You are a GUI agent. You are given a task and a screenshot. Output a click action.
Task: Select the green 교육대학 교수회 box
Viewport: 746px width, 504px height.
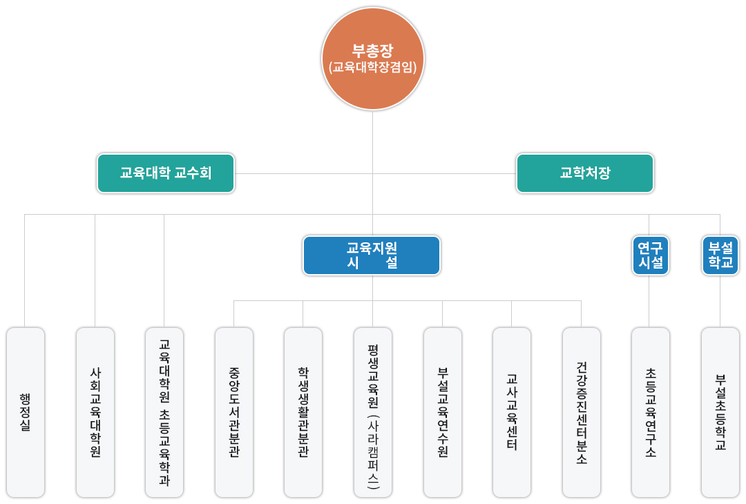[x=166, y=173]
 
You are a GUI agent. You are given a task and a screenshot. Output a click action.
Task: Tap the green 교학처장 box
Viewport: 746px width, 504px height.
[x=584, y=173]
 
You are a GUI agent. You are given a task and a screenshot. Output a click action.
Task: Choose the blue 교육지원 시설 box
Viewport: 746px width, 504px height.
[x=372, y=255]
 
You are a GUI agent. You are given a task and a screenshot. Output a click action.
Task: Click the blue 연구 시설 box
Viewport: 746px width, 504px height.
[x=650, y=255]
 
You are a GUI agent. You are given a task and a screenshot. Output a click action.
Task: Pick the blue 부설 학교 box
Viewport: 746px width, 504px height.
[x=720, y=255]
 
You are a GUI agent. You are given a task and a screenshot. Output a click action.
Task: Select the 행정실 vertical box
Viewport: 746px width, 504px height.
[x=26, y=412]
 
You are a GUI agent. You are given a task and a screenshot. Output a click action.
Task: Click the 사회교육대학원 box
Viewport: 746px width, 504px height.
[x=95, y=412]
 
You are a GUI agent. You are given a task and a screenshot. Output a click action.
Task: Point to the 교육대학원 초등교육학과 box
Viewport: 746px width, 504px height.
[x=164, y=412]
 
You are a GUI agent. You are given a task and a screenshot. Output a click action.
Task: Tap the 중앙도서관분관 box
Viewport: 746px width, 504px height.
[x=234, y=412]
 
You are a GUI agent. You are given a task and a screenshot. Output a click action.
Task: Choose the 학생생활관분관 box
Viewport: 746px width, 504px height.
[x=303, y=412]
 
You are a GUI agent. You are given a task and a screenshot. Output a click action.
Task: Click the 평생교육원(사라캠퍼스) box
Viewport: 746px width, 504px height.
[x=373, y=412]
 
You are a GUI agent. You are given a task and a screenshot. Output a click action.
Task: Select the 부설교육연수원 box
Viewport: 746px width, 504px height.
[x=443, y=412]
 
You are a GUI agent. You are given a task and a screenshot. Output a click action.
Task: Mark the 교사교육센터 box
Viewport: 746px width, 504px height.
[x=512, y=412]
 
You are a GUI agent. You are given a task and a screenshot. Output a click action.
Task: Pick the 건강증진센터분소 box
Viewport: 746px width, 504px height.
[x=582, y=412]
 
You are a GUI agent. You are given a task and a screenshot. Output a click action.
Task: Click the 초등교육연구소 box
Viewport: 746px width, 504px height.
[x=651, y=412]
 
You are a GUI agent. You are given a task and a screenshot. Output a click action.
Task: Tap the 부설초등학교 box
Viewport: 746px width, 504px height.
[x=720, y=412]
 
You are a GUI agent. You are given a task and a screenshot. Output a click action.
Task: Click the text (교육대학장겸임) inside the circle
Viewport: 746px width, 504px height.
[x=373, y=68]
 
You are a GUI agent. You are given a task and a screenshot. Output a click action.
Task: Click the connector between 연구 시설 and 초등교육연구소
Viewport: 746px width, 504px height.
[x=649, y=301]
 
